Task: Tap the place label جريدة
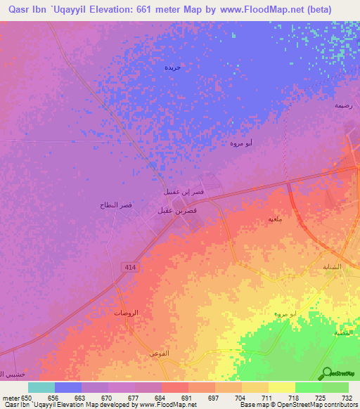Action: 173,67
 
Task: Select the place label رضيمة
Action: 342,105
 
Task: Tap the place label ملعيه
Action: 276,219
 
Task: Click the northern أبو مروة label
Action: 241,143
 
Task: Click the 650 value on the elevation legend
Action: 26,398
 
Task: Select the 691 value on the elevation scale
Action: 187,398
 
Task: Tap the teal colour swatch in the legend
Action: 41,387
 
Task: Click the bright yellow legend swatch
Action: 281,387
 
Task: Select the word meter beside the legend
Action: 11,398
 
